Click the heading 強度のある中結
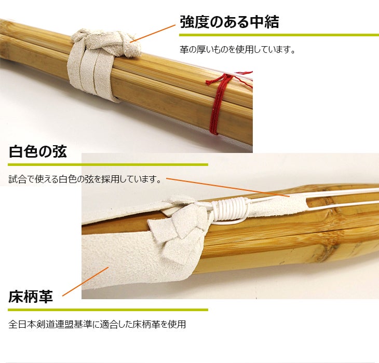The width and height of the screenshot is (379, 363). point(229,22)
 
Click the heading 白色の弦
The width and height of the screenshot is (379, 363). point(37,152)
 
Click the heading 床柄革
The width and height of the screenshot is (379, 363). point(31,297)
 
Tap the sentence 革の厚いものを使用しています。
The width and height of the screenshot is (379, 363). point(237,50)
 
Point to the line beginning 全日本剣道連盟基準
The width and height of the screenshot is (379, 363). point(97,324)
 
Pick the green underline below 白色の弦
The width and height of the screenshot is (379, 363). point(108,165)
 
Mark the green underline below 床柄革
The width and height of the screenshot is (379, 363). point(108,310)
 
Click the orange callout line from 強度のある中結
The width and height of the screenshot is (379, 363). point(152,34)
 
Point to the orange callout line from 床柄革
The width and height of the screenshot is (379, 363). point(85,282)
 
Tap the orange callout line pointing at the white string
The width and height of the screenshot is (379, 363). point(228,188)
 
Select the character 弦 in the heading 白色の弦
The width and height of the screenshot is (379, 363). point(59,152)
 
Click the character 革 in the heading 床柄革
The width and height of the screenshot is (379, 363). point(46,297)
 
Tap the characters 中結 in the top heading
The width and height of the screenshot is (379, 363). point(264,22)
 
